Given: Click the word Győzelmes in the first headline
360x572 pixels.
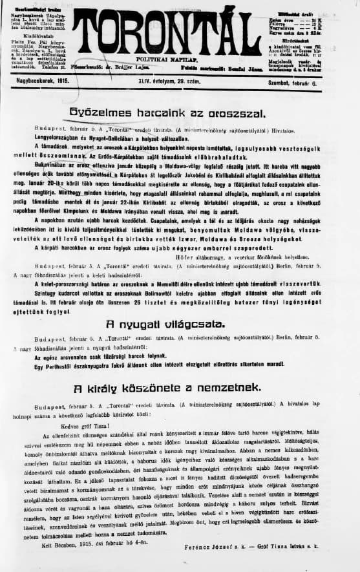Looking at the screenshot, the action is click(x=101, y=112).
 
